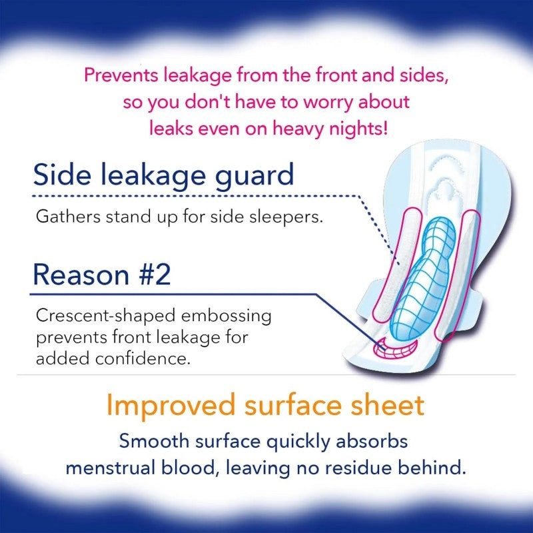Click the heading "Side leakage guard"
(163, 175)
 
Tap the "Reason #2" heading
(101, 274)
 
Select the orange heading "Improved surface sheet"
(266, 404)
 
